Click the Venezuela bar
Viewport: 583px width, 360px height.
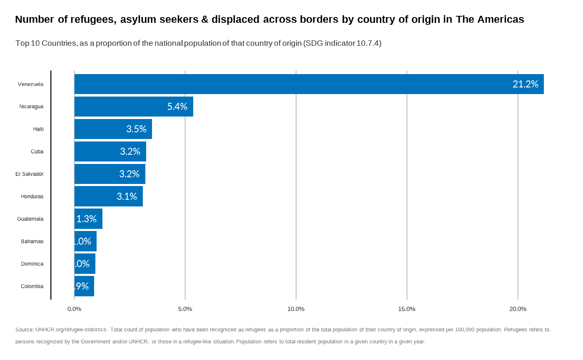click(308, 84)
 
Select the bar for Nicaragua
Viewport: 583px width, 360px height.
click(133, 107)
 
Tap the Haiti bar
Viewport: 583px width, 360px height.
click(113, 129)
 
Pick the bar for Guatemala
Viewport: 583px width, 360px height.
click(88, 219)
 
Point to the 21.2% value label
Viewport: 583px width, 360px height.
click(525, 84)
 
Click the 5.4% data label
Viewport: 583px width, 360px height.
click(177, 107)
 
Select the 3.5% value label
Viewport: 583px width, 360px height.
click(136, 129)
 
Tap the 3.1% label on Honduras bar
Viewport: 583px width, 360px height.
click(127, 196)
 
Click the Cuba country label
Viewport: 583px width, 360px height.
click(37, 151)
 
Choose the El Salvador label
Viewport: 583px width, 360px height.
click(30, 174)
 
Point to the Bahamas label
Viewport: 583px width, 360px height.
click(32, 241)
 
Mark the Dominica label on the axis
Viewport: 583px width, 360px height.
click(32, 264)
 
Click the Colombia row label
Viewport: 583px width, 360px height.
click(32, 286)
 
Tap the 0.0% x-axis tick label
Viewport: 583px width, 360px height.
click(74, 309)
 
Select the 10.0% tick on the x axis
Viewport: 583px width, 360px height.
click(296, 309)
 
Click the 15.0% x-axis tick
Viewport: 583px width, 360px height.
click(406, 309)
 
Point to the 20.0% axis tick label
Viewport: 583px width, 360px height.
click(518, 309)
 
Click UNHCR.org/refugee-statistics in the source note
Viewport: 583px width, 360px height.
click(71, 330)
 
